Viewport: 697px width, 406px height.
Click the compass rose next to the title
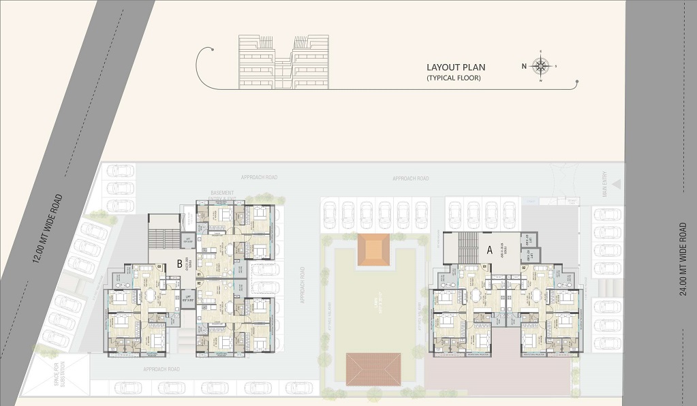tap(541, 66)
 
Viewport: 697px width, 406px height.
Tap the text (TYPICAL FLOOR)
tap(454, 78)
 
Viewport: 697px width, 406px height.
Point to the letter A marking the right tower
tap(490, 250)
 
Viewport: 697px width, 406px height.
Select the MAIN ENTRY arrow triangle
tap(617, 183)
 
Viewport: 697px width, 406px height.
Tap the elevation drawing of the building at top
tap(283, 63)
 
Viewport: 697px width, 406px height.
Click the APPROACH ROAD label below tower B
tap(161, 369)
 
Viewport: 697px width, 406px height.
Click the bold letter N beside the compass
tap(523, 66)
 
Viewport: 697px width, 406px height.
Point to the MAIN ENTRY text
tap(602, 189)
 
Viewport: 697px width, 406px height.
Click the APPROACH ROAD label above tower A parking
tap(411, 178)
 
